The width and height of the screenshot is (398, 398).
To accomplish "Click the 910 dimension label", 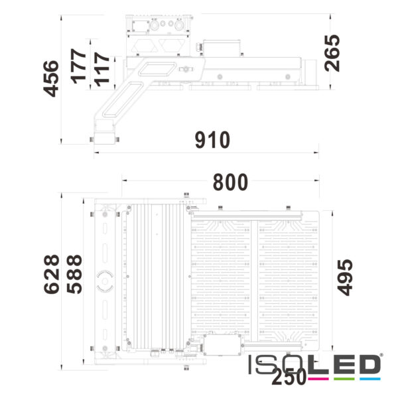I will [x=212, y=141].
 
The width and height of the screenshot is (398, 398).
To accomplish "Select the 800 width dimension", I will [x=231, y=182].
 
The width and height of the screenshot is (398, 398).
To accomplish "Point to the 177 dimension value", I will [x=78, y=67].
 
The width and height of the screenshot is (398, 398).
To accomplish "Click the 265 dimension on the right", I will [x=332, y=52].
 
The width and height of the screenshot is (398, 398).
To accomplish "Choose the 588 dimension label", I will [x=74, y=274].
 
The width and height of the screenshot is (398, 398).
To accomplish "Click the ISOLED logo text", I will [x=314, y=364].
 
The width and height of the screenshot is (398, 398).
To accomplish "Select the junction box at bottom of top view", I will [x=222, y=344].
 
